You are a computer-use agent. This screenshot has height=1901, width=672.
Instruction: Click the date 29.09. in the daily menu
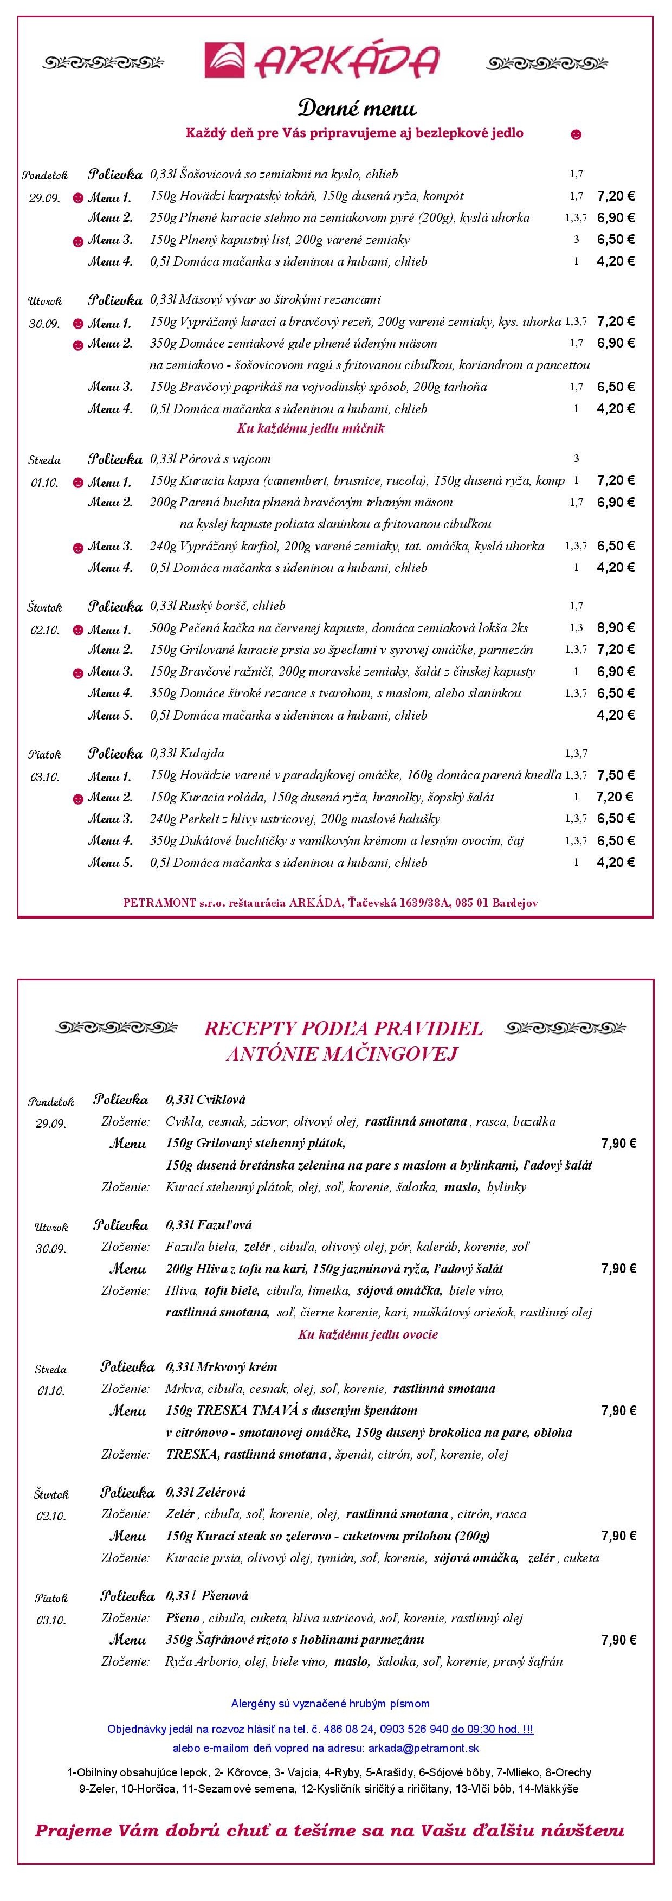coord(43,198)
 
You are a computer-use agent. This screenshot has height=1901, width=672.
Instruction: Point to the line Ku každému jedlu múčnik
coord(311,428)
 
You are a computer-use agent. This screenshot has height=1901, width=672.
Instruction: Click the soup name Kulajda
coord(206,754)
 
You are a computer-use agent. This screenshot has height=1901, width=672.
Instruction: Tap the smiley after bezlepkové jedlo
coord(576,134)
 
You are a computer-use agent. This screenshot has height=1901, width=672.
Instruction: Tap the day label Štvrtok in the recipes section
coord(49,1494)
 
